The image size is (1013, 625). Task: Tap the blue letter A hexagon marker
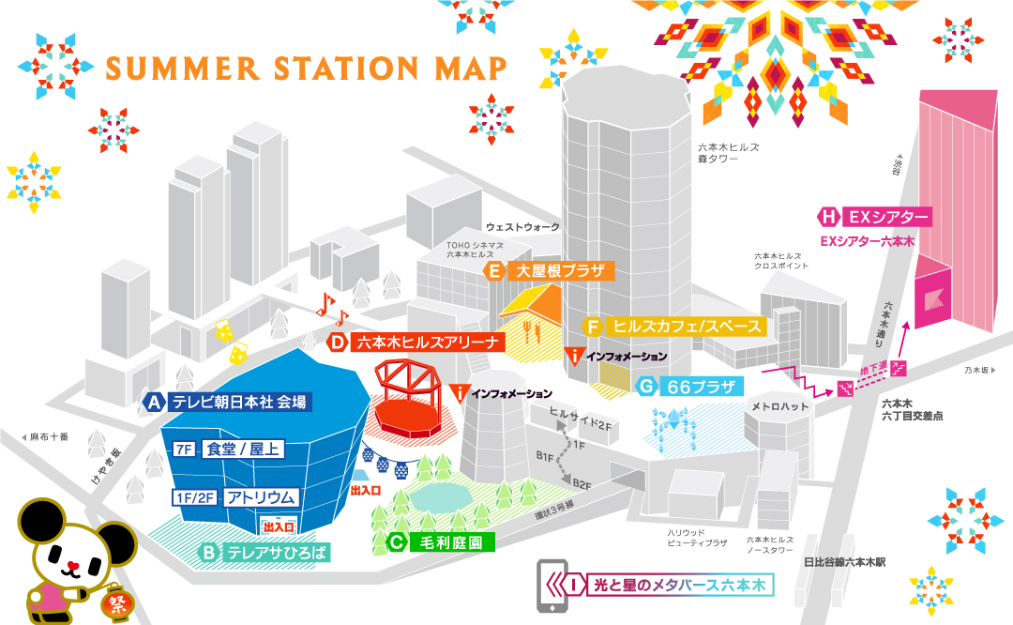[157, 402]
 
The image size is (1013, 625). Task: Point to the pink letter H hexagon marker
[829, 217]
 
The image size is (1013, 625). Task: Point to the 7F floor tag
[183, 450]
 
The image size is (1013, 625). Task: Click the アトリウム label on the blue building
[261, 496]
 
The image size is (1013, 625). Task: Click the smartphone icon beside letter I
[551, 587]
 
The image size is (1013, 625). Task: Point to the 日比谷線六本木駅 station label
[844, 562]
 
